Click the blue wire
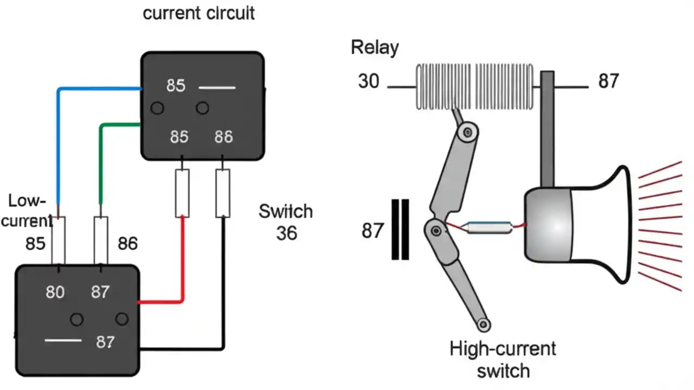[59, 141]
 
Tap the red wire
[182, 260]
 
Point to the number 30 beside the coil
[369, 81]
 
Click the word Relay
[375, 48]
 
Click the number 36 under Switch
[286, 233]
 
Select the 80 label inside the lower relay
[55, 292]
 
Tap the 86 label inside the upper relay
[223, 137]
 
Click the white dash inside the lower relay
[63, 340]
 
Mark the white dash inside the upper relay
[217, 87]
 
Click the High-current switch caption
[503, 359]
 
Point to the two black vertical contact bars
[400, 229]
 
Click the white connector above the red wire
[182, 193]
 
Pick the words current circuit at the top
[198, 13]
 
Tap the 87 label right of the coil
[608, 81]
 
